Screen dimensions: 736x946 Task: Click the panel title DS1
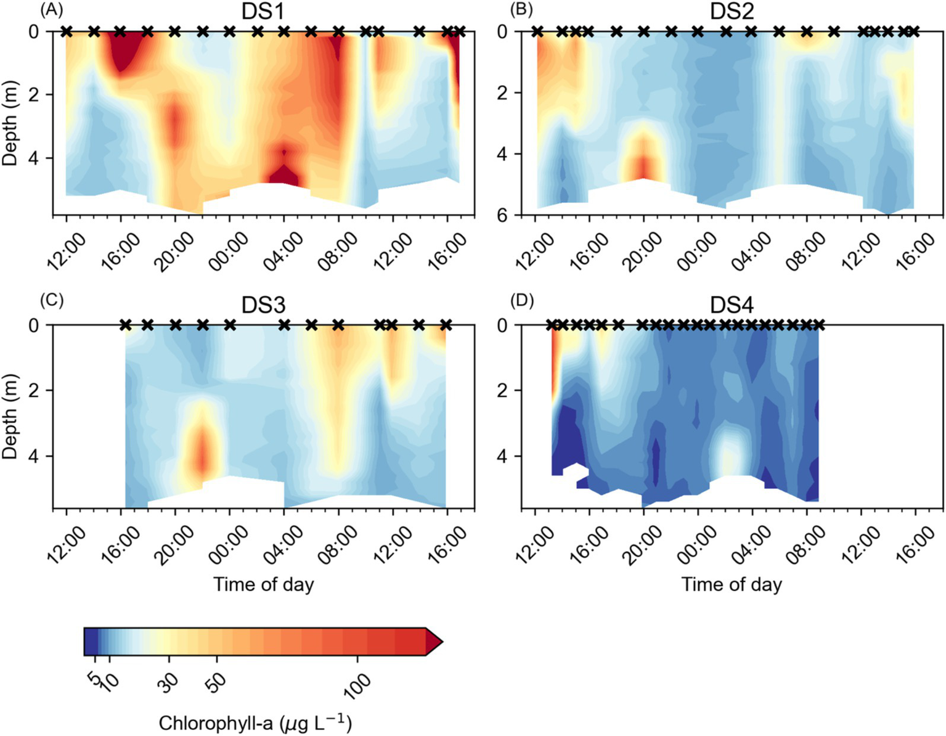point(263,12)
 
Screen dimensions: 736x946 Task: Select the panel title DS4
point(732,305)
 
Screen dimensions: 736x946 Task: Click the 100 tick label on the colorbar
point(357,685)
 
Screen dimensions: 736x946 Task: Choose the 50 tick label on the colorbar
point(216,682)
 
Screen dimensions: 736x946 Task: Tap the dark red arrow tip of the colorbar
point(434,642)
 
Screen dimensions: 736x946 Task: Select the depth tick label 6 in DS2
point(502,215)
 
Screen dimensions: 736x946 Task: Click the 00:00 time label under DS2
point(696,252)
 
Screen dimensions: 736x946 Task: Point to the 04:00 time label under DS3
point(283,546)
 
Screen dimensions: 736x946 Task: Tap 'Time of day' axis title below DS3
point(263,584)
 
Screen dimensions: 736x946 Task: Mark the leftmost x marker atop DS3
point(126,325)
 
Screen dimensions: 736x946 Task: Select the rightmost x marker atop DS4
point(818,325)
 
